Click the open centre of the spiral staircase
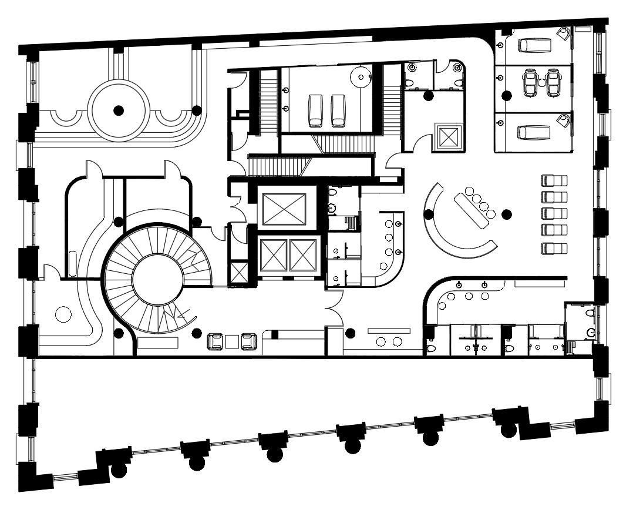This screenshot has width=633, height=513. pyautogui.click(x=156, y=279)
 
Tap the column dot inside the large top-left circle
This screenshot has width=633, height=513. pyautogui.click(x=119, y=109)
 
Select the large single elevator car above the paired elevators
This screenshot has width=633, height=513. pyautogui.click(x=284, y=209)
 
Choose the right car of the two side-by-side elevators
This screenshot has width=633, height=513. pyautogui.click(x=303, y=255)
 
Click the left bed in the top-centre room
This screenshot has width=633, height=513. pyautogui.click(x=316, y=110)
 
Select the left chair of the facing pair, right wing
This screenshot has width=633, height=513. pyautogui.click(x=530, y=83)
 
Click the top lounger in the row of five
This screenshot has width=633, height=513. pyautogui.click(x=554, y=180)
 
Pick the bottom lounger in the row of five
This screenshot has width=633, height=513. pyautogui.click(x=554, y=247)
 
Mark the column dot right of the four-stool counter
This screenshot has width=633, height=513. pyautogui.click(x=507, y=214)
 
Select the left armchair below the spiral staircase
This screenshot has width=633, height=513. pyautogui.click(x=215, y=340)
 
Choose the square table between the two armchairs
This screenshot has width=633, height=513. pyautogui.click(x=232, y=340)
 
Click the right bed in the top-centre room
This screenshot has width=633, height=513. pyautogui.click(x=338, y=110)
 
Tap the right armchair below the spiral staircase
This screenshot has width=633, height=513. pyautogui.click(x=249, y=340)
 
